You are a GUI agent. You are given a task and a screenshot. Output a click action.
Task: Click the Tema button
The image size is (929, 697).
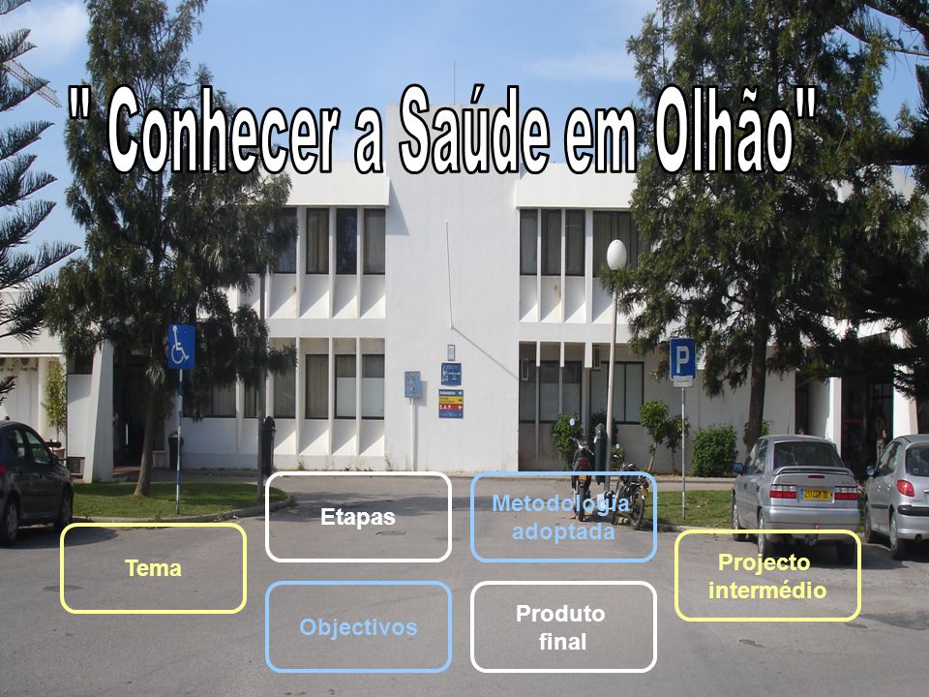[153, 568]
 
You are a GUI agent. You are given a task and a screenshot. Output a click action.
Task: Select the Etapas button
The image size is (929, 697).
[358, 516]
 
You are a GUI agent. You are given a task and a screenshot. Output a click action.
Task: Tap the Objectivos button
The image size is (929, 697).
[358, 626]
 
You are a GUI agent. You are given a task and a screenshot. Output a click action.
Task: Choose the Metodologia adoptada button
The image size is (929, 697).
[563, 516]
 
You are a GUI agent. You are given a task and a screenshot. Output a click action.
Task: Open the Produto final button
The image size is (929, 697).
[563, 626]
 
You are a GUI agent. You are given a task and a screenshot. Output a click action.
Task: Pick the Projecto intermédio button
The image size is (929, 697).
[767, 575]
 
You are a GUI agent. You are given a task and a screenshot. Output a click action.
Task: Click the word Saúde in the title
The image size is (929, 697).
[473, 129]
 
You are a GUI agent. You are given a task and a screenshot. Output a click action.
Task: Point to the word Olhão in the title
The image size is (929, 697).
[724, 129]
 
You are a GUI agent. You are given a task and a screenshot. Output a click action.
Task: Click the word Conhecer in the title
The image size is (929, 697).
[224, 133]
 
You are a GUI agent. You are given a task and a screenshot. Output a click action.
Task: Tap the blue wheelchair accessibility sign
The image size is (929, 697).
[181, 347]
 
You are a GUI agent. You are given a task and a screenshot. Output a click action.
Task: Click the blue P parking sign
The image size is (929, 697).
[682, 358]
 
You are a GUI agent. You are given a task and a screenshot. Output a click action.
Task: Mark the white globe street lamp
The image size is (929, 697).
[616, 255]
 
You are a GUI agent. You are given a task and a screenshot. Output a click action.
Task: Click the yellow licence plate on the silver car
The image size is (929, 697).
[816, 493]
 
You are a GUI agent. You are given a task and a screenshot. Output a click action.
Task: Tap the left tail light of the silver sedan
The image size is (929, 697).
[783, 492]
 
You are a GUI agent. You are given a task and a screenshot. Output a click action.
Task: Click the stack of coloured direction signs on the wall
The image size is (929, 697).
[451, 404]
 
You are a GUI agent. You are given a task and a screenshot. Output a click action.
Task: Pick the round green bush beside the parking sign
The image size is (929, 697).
[714, 451]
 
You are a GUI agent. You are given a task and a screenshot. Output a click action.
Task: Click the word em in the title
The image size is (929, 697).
[601, 142]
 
